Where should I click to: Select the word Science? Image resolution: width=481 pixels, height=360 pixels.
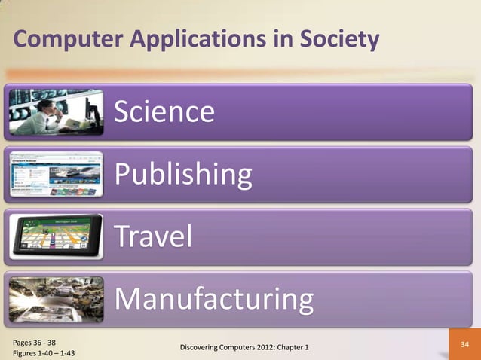click(164, 112)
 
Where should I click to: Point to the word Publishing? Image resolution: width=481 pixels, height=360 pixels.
click(183, 175)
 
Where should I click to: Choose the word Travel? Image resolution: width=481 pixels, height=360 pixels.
click(153, 237)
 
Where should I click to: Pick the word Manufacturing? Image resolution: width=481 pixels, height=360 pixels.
click(213, 300)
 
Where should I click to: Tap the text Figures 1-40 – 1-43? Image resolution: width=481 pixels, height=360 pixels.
click(44, 352)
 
